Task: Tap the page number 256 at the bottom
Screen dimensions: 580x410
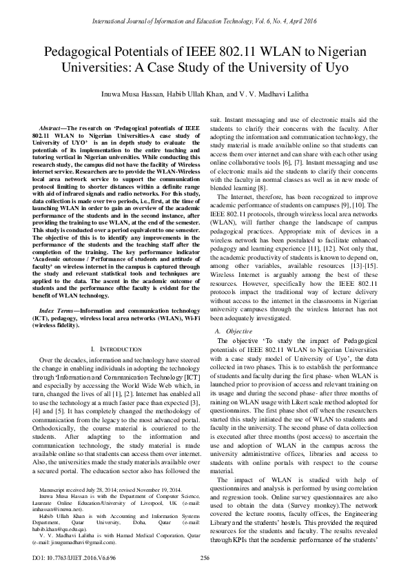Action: click(x=205, y=558)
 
